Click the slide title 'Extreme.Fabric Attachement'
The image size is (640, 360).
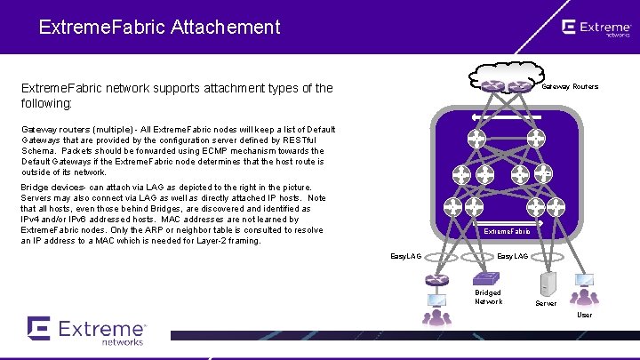pos(159,27)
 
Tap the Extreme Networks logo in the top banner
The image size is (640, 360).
pos(596,28)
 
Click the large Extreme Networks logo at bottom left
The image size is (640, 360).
pos(86,330)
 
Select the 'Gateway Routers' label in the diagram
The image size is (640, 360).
pos(570,86)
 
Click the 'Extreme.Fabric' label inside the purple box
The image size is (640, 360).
pos(506,231)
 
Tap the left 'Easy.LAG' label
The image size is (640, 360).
pos(406,257)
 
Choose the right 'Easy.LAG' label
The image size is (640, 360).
pos(512,257)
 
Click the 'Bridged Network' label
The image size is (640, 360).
pos(488,297)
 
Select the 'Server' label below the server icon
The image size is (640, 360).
pos(546,303)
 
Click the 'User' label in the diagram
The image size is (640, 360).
pos(584,315)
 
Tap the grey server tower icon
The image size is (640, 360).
pos(548,284)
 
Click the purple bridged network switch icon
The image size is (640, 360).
pos(436,280)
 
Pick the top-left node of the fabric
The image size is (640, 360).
pos(476,139)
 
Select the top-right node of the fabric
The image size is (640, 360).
pos(535,139)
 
